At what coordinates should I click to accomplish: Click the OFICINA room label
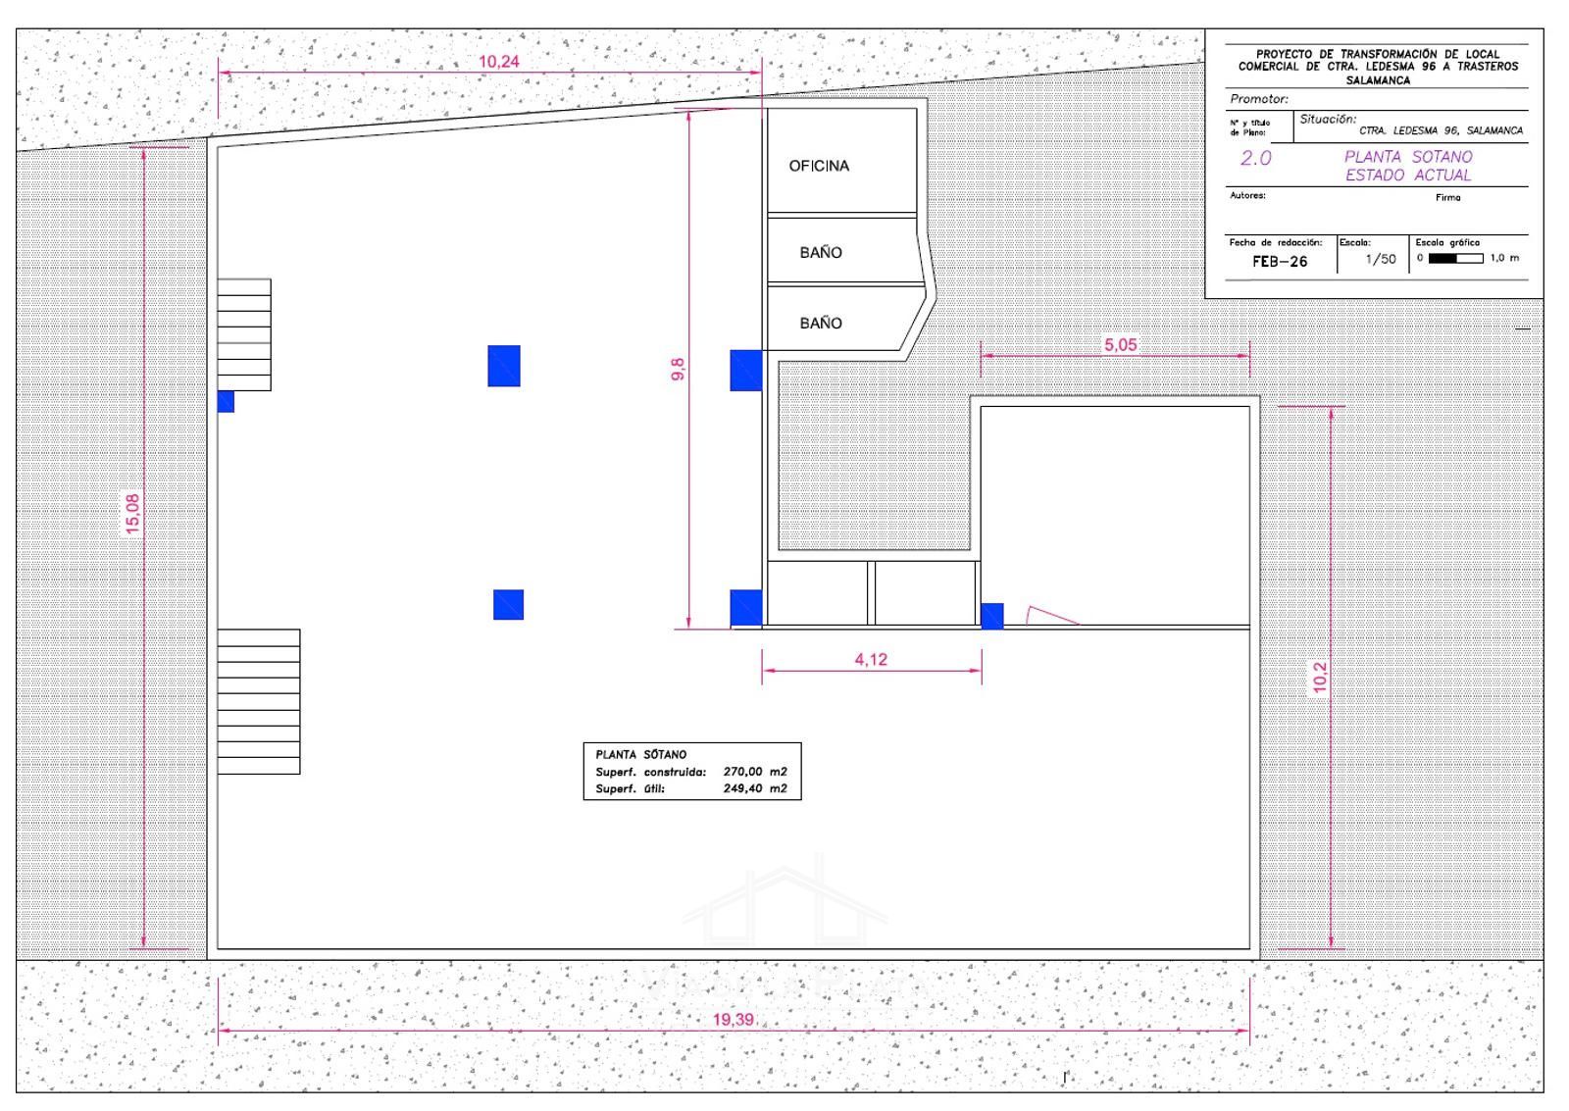tap(819, 166)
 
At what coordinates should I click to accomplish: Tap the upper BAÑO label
tap(820, 252)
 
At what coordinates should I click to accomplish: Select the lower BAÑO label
tap(820, 323)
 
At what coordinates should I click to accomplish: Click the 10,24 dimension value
tap(499, 62)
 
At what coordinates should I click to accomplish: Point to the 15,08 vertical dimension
tap(132, 514)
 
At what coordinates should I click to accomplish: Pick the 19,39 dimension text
tap(733, 1019)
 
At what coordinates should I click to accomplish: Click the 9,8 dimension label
tap(678, 369)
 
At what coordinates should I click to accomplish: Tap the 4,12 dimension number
tap(871, 659)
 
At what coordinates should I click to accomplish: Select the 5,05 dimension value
tap(1120, 344)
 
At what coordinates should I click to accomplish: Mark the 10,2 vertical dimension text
tap(1320, 678)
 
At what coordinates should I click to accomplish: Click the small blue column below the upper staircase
tap(226, 401)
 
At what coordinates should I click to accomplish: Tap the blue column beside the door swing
tap(991, 616)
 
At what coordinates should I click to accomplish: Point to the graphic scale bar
tap(1455, 259)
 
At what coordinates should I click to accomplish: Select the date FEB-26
tap(1280, 261)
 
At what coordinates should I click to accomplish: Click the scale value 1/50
tap(1381, 259)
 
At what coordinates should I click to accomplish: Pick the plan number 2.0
tap(1255, 158)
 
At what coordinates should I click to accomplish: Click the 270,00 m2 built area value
tap(755, 772)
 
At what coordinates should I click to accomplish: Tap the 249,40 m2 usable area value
tap(755, 788)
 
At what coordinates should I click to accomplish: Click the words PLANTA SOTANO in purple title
tap(1408, 157)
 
